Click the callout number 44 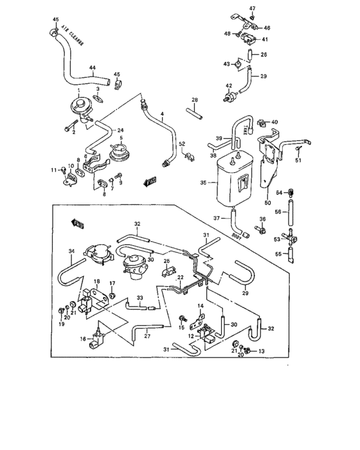click(x=92, y=67)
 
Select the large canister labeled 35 click(x=232, y=176)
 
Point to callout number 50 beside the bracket click(x=266, y=202)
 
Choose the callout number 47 click(x=252, y=8)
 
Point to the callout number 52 click(x=182, y=143)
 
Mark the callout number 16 click(x=82, y=337)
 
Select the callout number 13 click(x=262, y=352)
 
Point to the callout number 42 click(x=228, y=85)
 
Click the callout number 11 click(x=54, y=170)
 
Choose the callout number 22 click(x=181, y=277)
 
